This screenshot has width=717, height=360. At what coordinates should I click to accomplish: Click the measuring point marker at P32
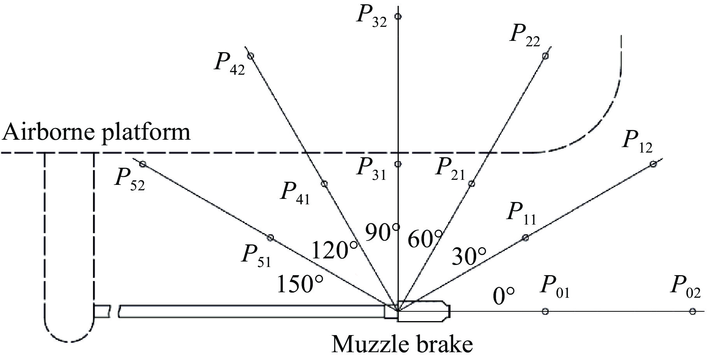pyautogui.click(x=398, y=16)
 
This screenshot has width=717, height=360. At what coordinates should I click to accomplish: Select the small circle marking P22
pyautogui.click(x=545, y=56)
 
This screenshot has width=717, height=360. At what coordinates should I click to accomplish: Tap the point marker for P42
pyautogui.click(x=251, y=56)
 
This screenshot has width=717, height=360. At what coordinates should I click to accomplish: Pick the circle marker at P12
pyautogui.click(x=653, y=164)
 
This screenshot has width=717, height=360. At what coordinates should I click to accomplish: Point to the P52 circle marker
pyautogui.click(x=142, y=164)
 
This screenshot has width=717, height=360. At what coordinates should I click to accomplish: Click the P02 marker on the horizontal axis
pyautogui.click(x=692, y=311)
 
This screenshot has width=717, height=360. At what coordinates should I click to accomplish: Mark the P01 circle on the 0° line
pyautogui.click(x=545, y=311)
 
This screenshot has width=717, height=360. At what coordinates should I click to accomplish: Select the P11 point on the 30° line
pyautogui.click(x=525, y=237)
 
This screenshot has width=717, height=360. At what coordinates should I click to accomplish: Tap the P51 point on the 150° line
pyautogui.click(x=271, y=238)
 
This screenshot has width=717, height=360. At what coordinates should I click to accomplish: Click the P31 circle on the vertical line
pyautogui.click(x=398, y=164)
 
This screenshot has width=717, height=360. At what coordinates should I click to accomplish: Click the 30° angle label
pyautogui.click(x=469, y=256)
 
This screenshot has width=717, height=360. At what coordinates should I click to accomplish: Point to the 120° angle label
pyautogui.click(x=335, y=250)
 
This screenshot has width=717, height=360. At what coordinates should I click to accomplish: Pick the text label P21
pyautogui.click(x=450, y=169)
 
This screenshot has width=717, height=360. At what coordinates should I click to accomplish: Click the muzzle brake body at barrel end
pyautogui.click(x=423, y=311)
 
